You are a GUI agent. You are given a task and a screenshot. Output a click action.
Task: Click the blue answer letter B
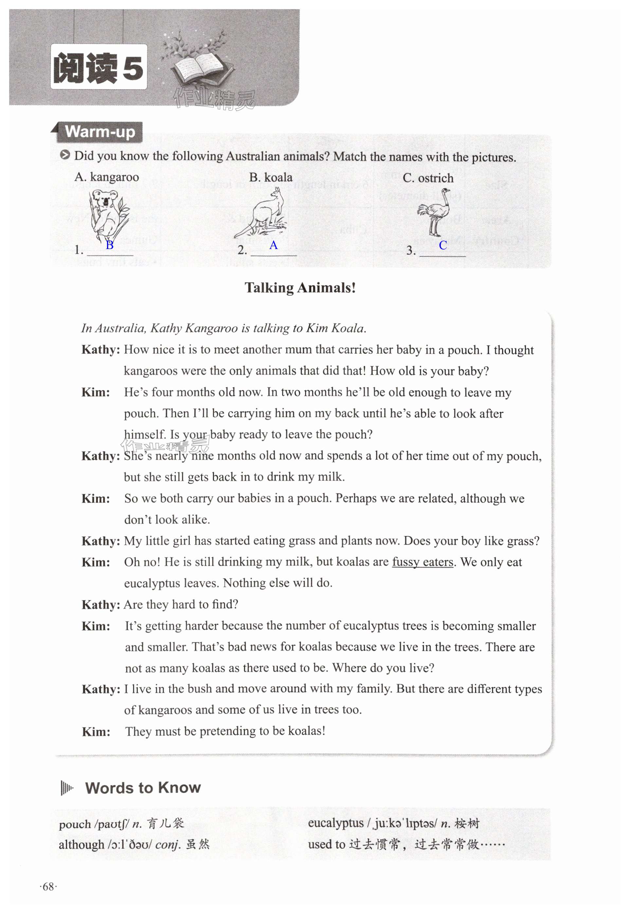coord(109,245)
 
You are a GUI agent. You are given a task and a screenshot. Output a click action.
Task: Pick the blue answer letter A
coord(273,245)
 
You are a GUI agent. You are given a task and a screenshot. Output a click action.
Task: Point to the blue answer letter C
coord(442,245)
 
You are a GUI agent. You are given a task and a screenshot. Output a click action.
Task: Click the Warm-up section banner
coord(100,132)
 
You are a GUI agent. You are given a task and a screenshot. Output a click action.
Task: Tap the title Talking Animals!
coord(300,288)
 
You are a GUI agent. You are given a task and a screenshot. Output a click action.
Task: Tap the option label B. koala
coord(271,178)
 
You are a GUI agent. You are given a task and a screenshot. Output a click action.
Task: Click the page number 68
coord(48,886)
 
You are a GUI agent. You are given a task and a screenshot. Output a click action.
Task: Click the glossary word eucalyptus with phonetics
coord(335,823)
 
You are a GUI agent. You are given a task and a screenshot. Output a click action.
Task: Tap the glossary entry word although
coord(81,844)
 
